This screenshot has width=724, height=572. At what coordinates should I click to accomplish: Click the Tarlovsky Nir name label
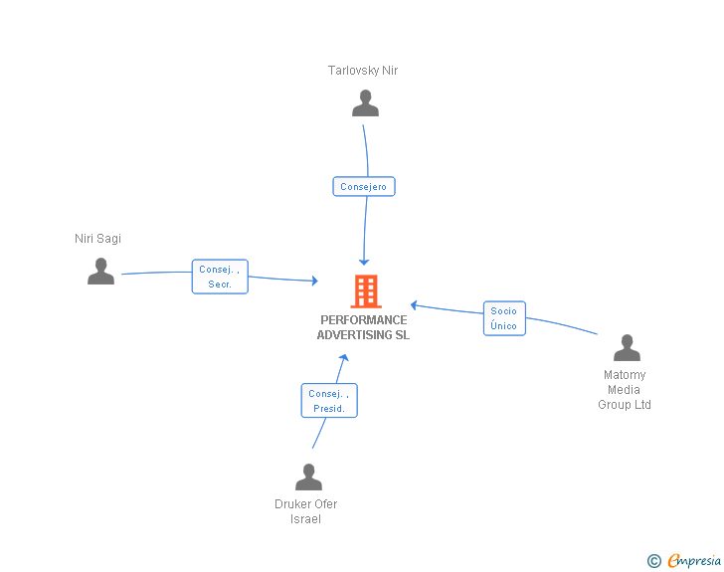click(363, 71)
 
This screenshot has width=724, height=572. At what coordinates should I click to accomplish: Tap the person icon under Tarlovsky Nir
click(365, 103)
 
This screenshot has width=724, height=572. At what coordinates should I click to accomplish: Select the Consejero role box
click(363, 186)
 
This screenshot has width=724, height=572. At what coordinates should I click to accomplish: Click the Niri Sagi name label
click(97, 239)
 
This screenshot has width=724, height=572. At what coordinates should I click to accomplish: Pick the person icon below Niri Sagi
click(100, 272)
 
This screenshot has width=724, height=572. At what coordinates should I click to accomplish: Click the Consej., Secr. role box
click(219, 277)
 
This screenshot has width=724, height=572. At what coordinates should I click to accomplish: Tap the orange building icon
click(365, 291)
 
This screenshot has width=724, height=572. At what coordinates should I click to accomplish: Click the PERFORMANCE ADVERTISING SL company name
click(363, 327)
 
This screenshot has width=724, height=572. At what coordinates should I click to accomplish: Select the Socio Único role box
click(504, 318)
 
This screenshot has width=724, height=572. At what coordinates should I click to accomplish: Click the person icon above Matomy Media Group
click(627, 348)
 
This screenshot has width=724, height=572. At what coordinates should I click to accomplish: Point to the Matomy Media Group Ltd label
click(625, 390)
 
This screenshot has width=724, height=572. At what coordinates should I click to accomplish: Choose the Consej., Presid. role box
click(328, 401)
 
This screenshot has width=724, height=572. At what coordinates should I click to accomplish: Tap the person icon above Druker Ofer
click(308, 477)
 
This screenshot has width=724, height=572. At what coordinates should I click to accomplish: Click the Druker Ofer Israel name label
click(306, 511)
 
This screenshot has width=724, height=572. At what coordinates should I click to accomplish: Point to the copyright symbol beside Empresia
click(653, 561)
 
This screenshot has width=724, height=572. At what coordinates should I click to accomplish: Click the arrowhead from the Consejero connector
click(364, 261)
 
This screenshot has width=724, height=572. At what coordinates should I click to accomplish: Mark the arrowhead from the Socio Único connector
click(415, 305)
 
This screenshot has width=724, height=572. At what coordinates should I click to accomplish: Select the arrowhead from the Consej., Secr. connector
click(313, 282)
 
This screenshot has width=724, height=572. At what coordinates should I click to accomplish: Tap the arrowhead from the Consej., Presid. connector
click(343, 358)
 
